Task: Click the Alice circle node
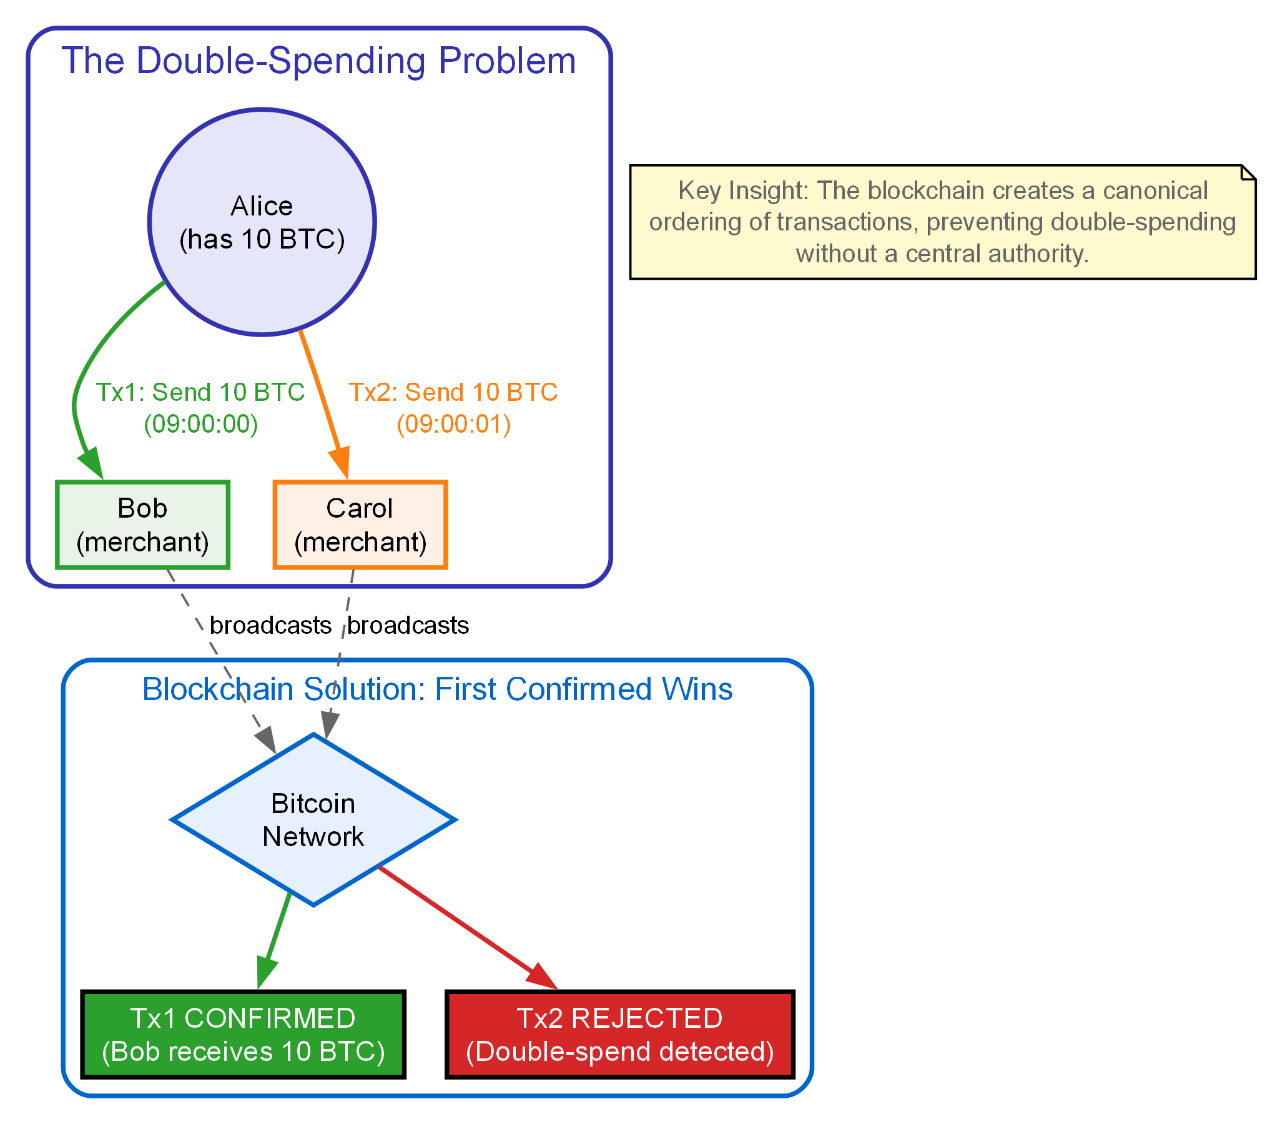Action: tap(262, 222)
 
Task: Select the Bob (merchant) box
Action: tap(142, 525)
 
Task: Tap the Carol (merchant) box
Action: tap(360, 525)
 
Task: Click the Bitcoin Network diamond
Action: tap(313, 819)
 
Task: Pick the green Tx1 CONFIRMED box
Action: tap(243, 1034)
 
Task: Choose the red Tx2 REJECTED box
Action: tap(619, 1034)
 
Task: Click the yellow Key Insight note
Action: tap(942, 222)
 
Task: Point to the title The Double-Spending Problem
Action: tap(318, 61)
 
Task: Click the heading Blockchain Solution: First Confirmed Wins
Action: tap(437, 689)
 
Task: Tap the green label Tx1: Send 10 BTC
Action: tap(200, 392)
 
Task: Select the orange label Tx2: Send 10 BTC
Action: tap(453, 392)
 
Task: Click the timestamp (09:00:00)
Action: tap(200, 424)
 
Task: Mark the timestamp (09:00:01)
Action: tap(454, 424)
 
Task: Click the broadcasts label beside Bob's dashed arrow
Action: tap(270, 625)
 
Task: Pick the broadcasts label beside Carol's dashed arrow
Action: tap(408, 625)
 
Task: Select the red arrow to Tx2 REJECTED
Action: tap(462, 924)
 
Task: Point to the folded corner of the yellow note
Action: tap(1248, 172)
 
